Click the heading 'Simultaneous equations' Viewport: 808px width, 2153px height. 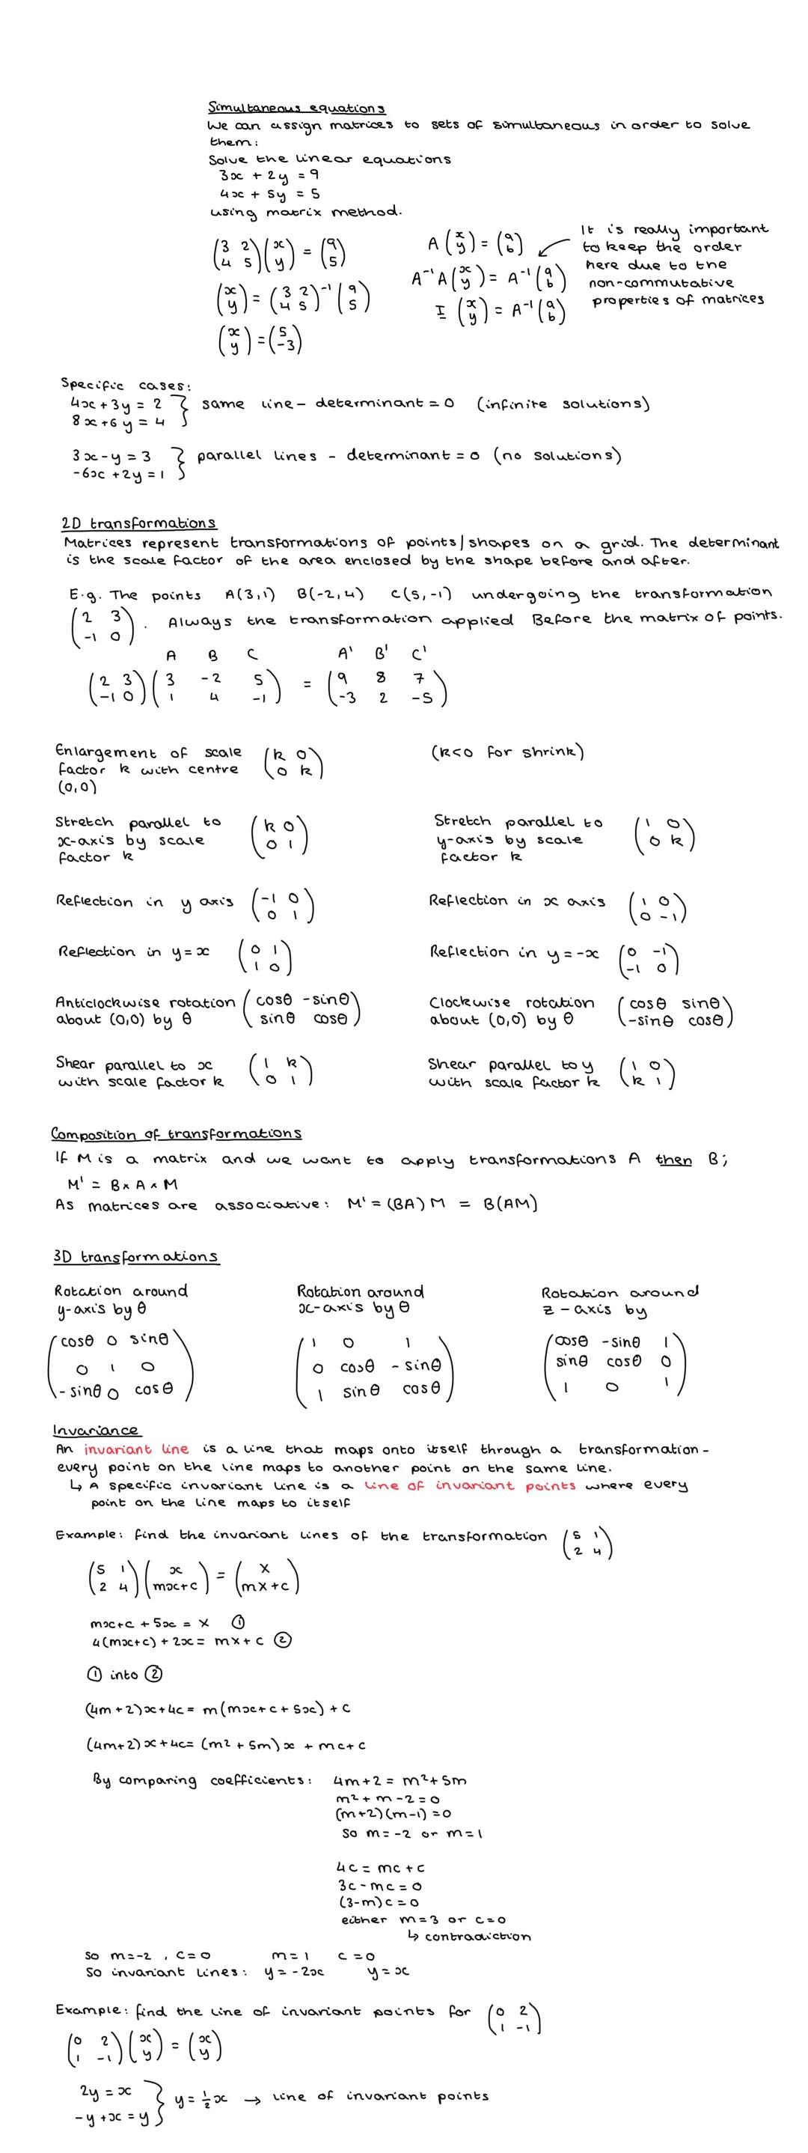coord(296,108)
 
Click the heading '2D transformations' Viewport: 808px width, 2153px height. coord(138,523)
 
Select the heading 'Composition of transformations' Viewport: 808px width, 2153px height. coord(177,1133)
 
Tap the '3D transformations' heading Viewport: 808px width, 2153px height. coord(136,1256)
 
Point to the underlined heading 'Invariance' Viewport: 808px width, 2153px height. coord(95,1429)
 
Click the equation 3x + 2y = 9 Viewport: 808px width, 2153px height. coord(269,175)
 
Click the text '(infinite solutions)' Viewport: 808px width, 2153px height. coord(563,404)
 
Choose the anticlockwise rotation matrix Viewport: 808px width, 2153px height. coord(302,1009)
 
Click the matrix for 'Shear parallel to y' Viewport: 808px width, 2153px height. coord(646,1072)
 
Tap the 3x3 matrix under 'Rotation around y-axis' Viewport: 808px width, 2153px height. coord(120,1366)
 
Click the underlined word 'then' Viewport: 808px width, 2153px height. coord(673,1160)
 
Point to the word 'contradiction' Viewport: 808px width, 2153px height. coord(477,1937)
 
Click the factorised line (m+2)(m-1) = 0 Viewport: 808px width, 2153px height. coord(393,1814)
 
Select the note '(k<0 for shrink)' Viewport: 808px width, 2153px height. coord(507,752)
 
